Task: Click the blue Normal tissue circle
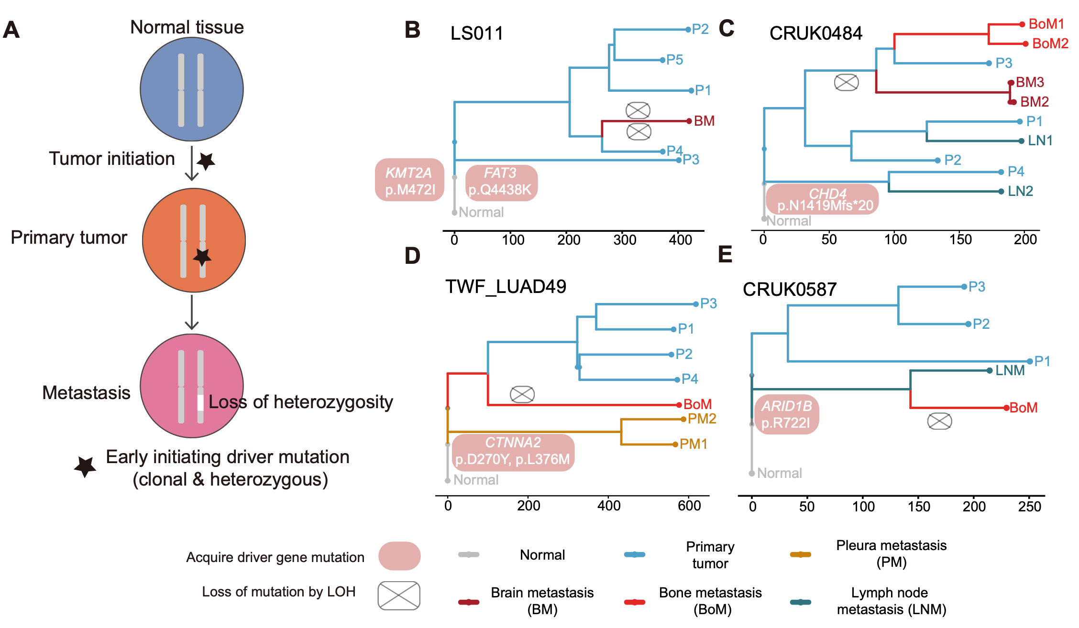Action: (191, 89)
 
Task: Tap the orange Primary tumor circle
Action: (194, 240)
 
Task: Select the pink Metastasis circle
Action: (191, 385)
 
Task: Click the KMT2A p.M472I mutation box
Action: (410, 180)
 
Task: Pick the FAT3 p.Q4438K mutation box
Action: (501, 182)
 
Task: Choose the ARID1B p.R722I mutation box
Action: (786, 414)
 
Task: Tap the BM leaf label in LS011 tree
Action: (704, 121)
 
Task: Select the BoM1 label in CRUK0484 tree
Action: (1046, 24)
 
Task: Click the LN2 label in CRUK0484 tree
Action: (1020, 191)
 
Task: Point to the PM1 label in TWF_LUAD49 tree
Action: (693, 444)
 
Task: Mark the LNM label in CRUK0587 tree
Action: (1010, 370)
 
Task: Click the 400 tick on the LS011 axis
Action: (680, 239)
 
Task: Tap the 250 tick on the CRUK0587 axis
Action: (1029, 506)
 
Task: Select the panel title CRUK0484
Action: (815, 33)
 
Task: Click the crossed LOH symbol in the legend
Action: (399, 596)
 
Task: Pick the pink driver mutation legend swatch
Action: (399, 555)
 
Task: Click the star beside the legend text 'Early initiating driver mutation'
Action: (85, 466)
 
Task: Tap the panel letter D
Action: (412, 256)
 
